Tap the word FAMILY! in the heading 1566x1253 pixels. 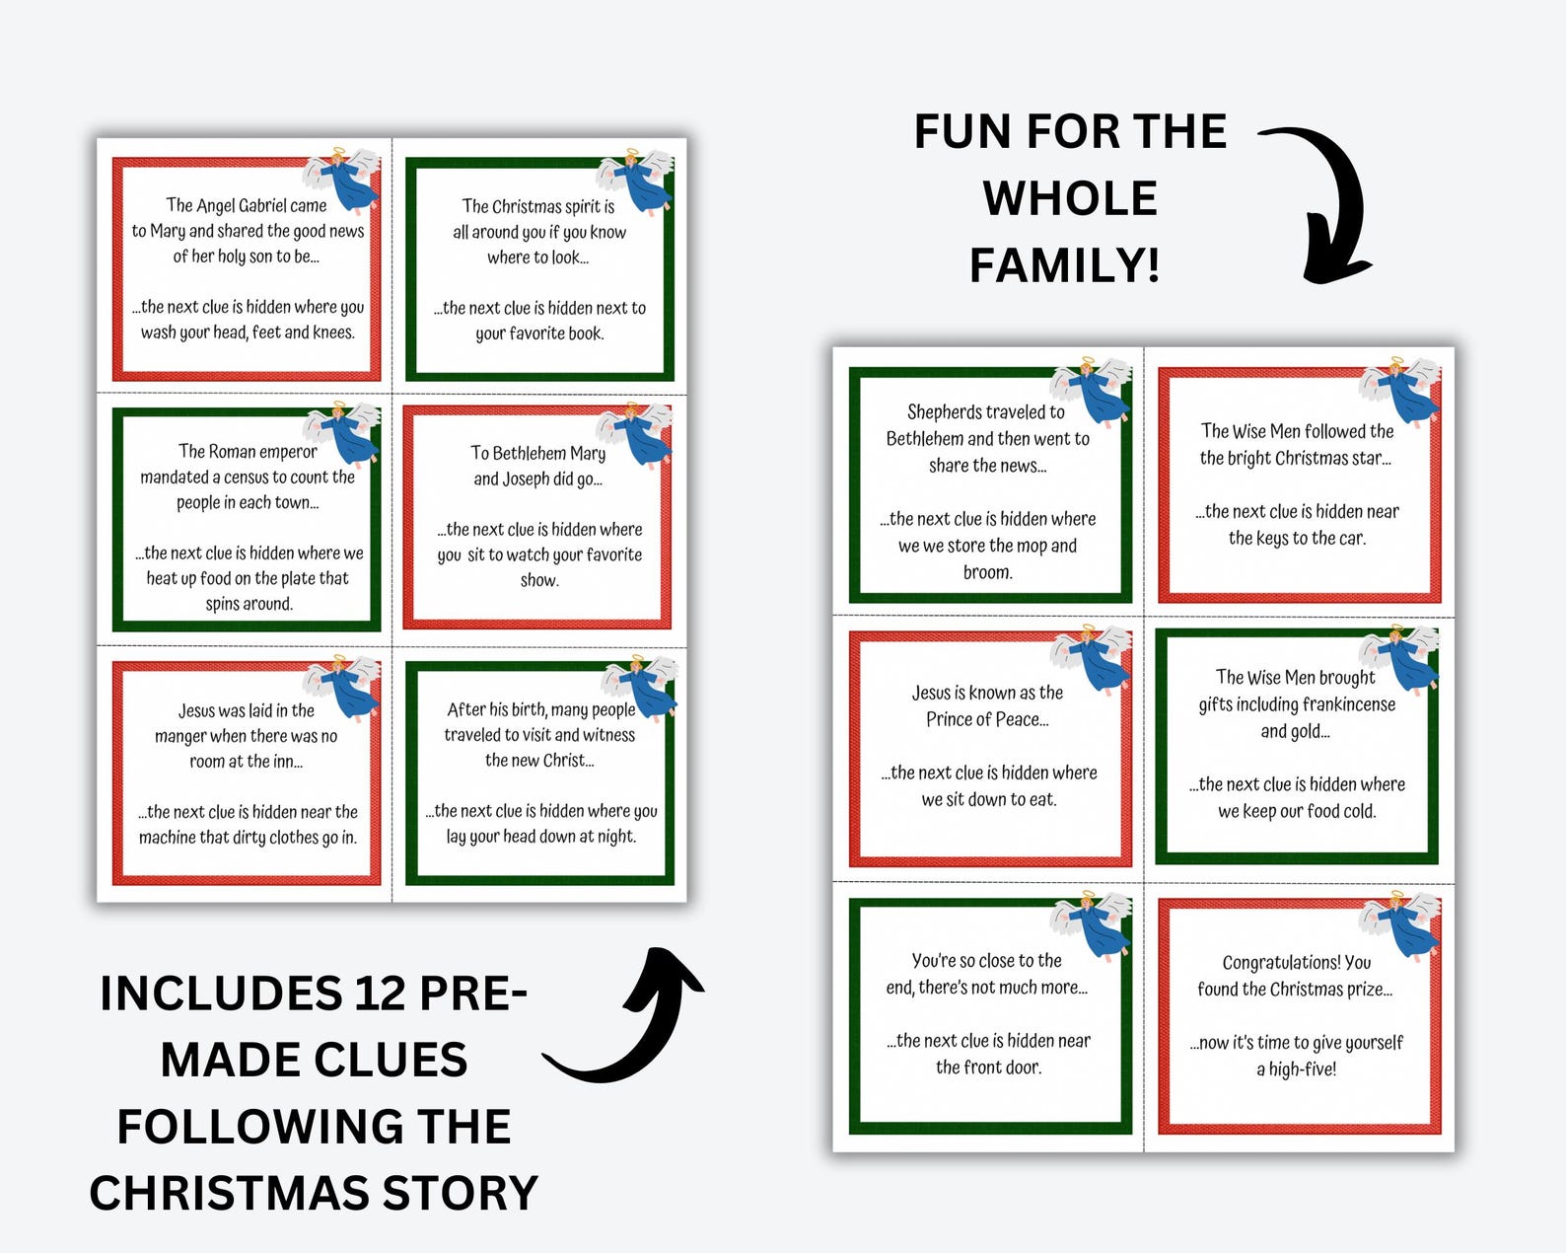click(1064, 265)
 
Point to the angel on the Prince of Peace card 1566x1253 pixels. click(1093, 657)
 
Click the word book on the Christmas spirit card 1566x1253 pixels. click(584, 333)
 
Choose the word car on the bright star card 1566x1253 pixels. click(1351, 539)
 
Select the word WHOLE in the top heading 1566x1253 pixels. click(1070, 198)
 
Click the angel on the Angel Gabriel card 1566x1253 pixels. click(344, 179)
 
